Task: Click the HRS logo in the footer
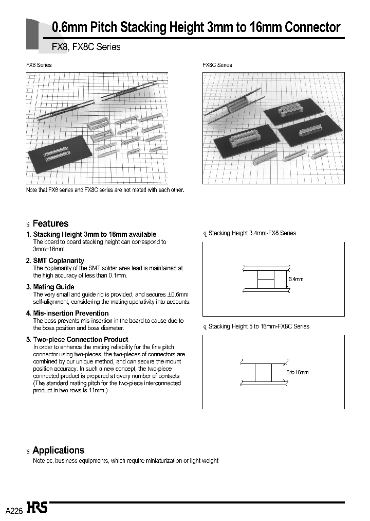pyautogui.click(x=37, y=508)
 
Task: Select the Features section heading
pyautogui.click(x=50, y=223)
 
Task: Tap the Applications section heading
pyautogui.click(x=58, y=450)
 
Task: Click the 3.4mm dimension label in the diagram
pyautogui.click(x=296, y=279)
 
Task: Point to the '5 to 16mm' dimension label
pyautogui.click(x=297, y=372)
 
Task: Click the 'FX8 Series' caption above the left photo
pyautogui.click(x=39, y=65)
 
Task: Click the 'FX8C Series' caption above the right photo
pyautogui.click(x=217, y=65)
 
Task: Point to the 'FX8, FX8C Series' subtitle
pyautogui.click(x=86, y=47)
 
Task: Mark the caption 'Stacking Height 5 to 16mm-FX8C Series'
pyautogui.click(x=258, y=326)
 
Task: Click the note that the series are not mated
pyautogui.click(x=105, y=190)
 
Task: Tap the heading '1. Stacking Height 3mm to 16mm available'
pyautogui.click(x=91, y=234)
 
